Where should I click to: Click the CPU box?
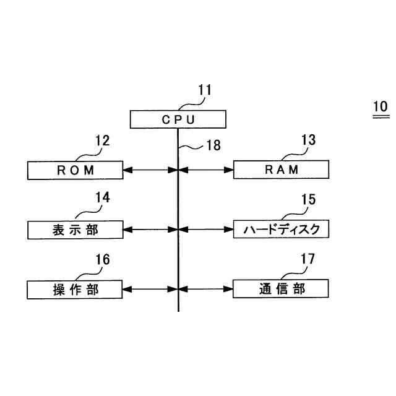178,119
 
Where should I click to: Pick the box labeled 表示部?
76,230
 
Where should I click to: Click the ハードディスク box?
282,230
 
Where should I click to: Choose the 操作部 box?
76,289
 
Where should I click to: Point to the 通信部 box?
282,289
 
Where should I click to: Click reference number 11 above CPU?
204,90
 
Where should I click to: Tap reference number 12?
102,140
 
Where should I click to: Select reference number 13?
308,140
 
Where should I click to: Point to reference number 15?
308,199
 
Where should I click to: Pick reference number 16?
102,259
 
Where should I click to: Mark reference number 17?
308,259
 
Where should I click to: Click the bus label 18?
213,146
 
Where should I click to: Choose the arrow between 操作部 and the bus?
151,289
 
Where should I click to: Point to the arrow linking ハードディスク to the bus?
205,230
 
